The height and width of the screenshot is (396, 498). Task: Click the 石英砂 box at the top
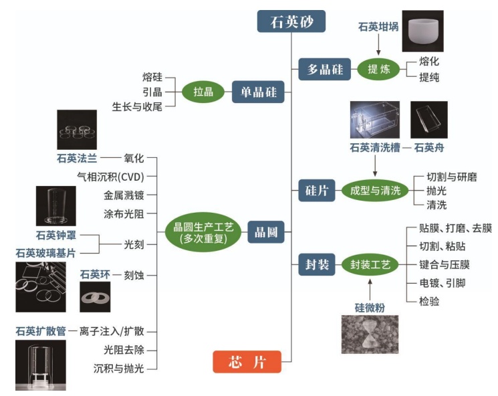pyautogui.click(x=291, y=21)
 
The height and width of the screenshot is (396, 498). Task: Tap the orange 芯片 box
pyautogui.click(x=247, y=362)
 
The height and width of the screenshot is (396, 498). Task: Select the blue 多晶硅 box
pyautogui.click(x=324, y=70)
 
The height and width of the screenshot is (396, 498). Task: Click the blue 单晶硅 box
pyautogui.click(x=258, y=92)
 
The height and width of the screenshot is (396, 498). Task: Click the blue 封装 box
pyautogui.click(x=317, y=265)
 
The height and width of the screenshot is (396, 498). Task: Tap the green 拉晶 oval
pyautogui.click(x=203, y=92)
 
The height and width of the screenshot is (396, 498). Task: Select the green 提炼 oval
pyautogui.click(x=378, y=70)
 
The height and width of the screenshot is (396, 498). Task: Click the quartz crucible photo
pyautogui.click(x=422, y=31)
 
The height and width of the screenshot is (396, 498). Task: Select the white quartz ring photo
pyautogui.click(x=95, y=296)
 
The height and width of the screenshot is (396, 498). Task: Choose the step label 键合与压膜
pyautogui.click(x=448, y=264)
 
